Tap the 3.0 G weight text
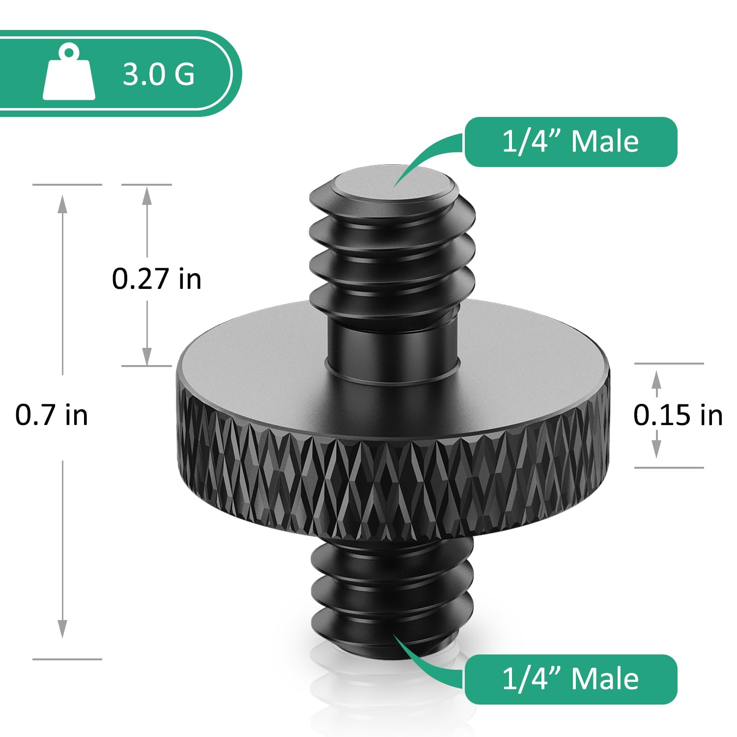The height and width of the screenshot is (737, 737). point(158,74)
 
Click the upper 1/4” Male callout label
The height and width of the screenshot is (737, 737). point(570,142)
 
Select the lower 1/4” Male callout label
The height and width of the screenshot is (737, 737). point(570,679)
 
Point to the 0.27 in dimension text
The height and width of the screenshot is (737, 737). point(156,279)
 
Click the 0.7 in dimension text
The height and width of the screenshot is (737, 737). point(52,415)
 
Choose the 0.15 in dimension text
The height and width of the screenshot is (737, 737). point(678,415)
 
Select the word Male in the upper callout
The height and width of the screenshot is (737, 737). point(605,142)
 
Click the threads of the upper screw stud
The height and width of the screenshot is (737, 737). point(392,255)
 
